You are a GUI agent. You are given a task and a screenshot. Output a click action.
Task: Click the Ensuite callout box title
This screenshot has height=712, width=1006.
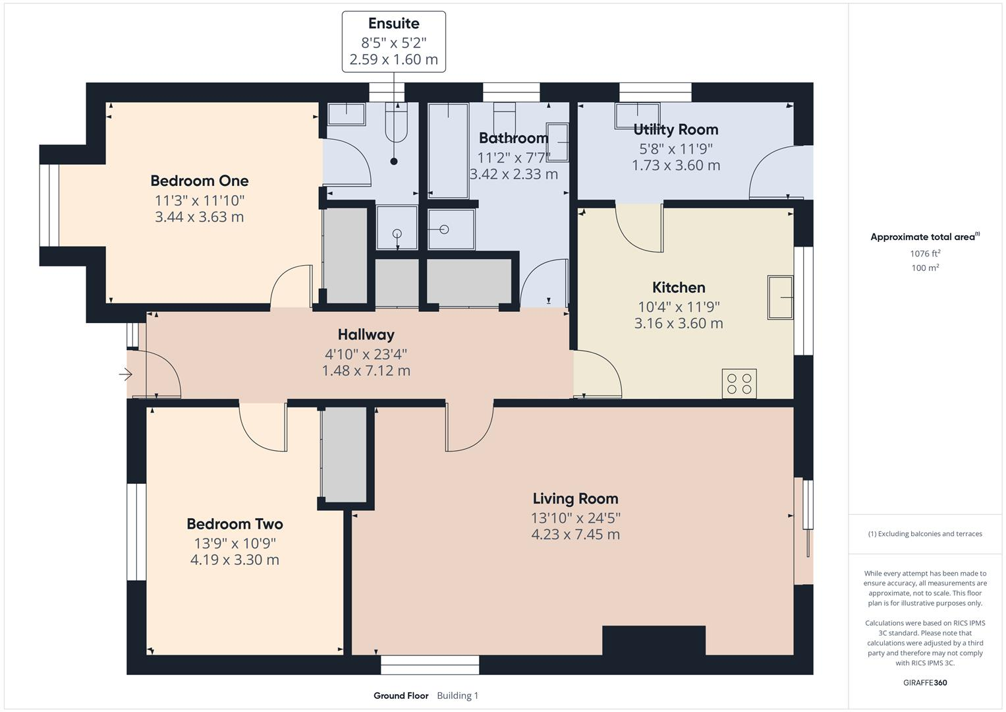pyautogui.click(x=393, y=24)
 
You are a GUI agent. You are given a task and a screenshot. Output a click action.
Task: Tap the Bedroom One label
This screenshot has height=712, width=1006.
pyautogui.click(x=199, y=181)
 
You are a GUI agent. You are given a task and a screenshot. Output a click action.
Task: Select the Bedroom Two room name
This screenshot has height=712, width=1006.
pyautogui.click(x=235, y=524)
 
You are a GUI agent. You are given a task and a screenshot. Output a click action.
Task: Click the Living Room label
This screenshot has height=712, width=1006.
pyautogui.click(x=575, y=498)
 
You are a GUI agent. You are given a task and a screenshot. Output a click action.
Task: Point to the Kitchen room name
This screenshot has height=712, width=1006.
pyautogui.click(x=678, y=287)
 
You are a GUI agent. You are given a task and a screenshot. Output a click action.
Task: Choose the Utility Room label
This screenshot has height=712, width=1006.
pyautogui.click(x=675, y=129)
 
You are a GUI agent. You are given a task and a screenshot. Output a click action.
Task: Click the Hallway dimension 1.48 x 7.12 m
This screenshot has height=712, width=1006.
pyautogui.click(x=366, y=371)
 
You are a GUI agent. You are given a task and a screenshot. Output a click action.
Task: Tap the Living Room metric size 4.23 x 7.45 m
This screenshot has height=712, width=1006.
pyautogui.click(x=575, y=534)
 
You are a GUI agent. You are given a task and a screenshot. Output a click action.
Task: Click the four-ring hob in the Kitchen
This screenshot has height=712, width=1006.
pyautogui.click(x=739, y=384)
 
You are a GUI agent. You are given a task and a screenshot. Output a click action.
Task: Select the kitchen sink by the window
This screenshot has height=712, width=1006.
pyautogui.click(x=781, y=298)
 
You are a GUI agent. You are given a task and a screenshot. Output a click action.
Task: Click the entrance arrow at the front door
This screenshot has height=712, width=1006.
pyautogui.click(x=125, y=374)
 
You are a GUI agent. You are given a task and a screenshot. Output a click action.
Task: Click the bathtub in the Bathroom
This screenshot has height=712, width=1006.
pyautogui.click(x=448, y=150)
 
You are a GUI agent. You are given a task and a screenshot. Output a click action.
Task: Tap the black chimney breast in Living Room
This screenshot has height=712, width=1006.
pyautogui.click(x=654, y=640)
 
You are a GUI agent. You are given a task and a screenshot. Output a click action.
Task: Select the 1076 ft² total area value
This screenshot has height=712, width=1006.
pyautogui.click(x=925, y=253)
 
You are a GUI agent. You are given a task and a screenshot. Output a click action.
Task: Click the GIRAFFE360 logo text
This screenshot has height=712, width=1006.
pyautogui.click(x=925, y=683)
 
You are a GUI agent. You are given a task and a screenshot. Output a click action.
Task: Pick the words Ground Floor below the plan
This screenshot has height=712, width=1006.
pyautogui.click(x=401, y=696)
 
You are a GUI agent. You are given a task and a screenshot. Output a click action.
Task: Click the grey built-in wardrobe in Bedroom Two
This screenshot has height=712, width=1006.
pyautogui.click(x=343, y=455)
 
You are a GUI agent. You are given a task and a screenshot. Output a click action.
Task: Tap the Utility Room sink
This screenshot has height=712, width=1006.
pyautogui.click(x=637, y=116)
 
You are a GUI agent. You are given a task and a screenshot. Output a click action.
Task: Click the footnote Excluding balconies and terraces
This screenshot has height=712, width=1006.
pyautogui.click(x=925, y=534)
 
